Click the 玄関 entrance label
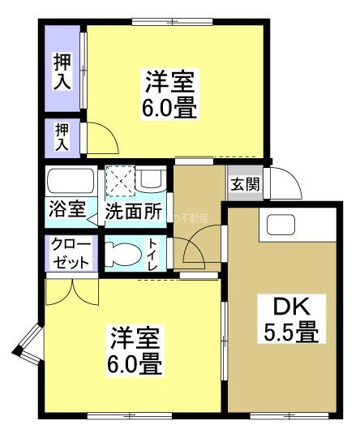pos(245,184)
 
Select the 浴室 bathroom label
pos(65,209)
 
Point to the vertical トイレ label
pos(153,254)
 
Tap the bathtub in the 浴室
pos(70,180)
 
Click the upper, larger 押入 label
pos(62,71)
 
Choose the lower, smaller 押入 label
pos(62,136)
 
